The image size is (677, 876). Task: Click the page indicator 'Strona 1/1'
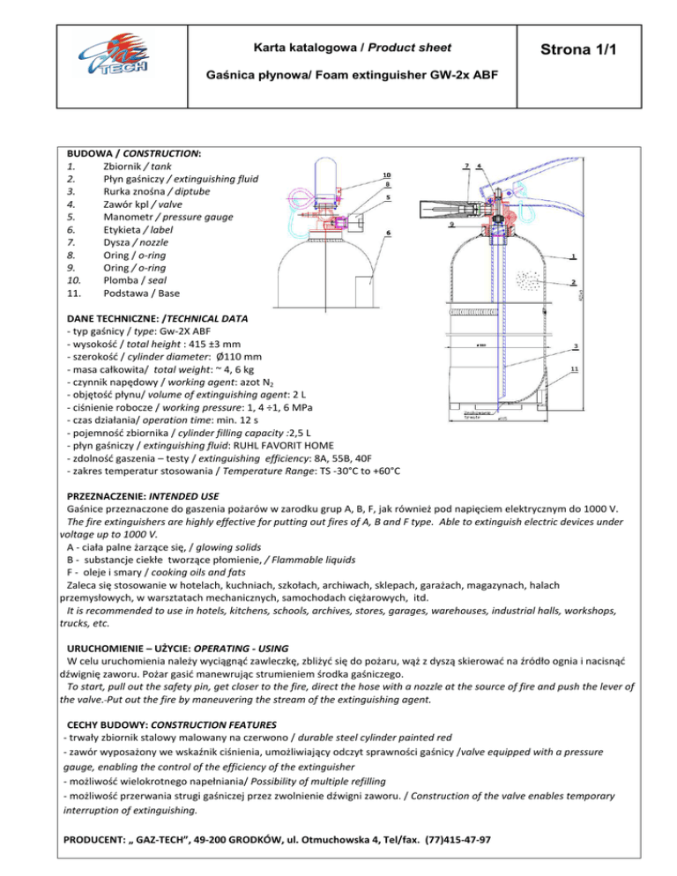tap(591, 53)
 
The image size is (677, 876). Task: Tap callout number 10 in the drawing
tap(387, 175)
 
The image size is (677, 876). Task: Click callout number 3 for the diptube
tap(575, 345)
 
